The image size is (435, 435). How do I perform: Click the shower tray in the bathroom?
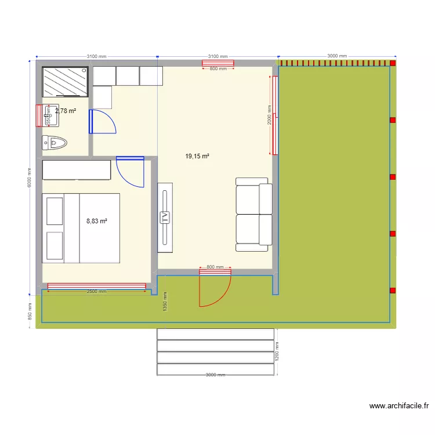[x=65, y=81]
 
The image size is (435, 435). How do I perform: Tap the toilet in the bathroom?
[x=55, y=142]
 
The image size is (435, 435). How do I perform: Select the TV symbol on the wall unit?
[x=165, y=217]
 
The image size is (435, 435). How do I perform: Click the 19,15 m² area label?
[x=197, y=156]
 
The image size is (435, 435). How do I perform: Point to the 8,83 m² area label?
[x=97, y=221]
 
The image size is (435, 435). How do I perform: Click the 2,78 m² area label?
[x=66, y=111]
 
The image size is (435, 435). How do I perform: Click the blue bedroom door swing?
[x=130, y=172]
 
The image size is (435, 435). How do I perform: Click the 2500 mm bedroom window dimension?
[x=96, y=292]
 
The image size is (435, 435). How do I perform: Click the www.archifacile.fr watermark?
[x=399, y=407]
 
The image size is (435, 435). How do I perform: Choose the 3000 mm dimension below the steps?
[x=215, y=375]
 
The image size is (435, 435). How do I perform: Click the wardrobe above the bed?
[x=77, y=171]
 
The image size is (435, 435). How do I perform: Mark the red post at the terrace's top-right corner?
[x=393, y=63]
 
